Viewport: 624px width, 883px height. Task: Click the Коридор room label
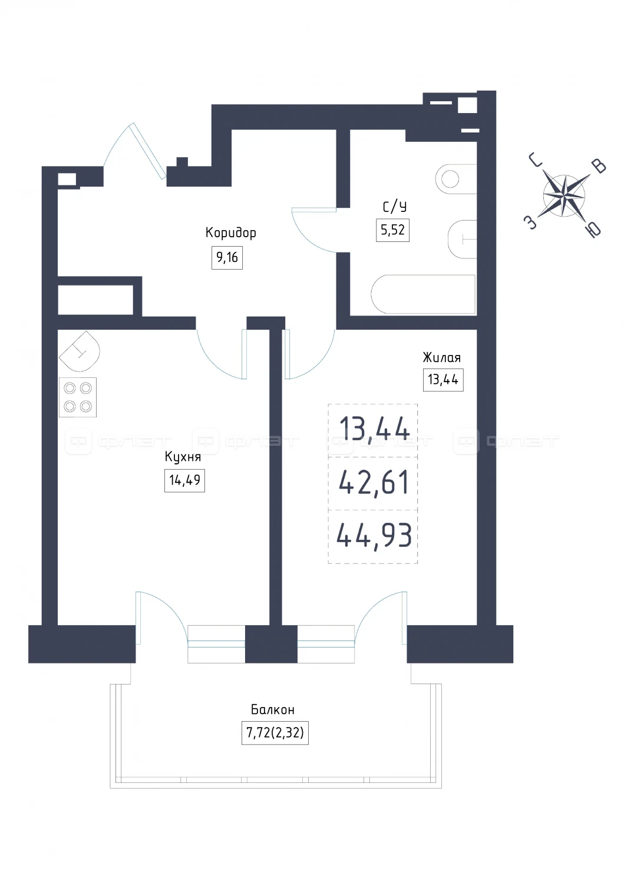click(x=230, y=233)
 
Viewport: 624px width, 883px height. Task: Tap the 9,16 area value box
click(x=227, y=258)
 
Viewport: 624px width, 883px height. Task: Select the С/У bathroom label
click(x=394, y=207)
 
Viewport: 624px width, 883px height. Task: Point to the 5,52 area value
click(x=392, y=230)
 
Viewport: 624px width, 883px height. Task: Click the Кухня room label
click(x=183, y=457)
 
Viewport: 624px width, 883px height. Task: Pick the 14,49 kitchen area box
click(x=184, y=480)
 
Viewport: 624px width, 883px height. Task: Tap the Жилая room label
click(x=442, y=357)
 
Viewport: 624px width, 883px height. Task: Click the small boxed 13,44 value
click(x=443, y=380)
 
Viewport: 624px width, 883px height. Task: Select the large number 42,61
click(x=374, y=483)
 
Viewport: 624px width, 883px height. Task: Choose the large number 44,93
click(x=374, y=535)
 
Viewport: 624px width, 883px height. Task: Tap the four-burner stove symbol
click(x=78, y=397)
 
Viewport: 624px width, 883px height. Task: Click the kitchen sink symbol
click(x=80, y=351)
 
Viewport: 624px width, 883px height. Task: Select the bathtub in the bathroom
click(x=423, y=294)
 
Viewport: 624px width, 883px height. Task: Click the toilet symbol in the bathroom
click(x=462, y=239)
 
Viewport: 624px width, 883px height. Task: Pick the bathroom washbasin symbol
click(x=456, y=180)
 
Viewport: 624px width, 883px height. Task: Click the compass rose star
click(x=564, y=195)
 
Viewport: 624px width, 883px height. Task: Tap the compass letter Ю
click(x=595, y=229)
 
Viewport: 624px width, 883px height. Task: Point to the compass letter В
click(x=599, y=167)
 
